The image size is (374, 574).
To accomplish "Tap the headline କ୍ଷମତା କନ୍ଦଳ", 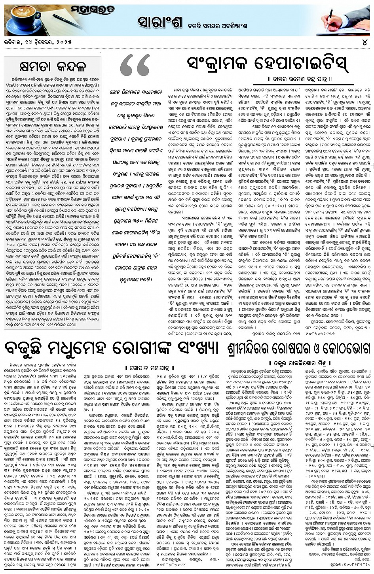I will click(x=52, y=66).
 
